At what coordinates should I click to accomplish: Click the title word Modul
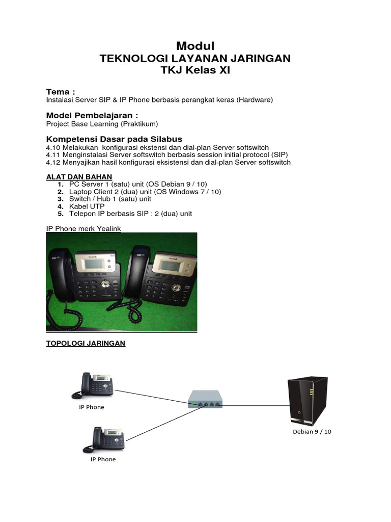(x=195, y=46)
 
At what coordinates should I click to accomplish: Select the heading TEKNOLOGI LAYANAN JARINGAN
(x=195, y=59)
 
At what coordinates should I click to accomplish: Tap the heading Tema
(x=61, y=92)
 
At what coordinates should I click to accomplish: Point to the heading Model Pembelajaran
(x=92, y=115)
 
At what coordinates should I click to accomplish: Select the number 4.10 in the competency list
(x=53, y=147)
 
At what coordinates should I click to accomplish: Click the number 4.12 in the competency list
(x=53, y=162)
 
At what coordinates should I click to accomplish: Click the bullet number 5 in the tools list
(x=60, y=214)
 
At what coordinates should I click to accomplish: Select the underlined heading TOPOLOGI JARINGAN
(x=86, y=344)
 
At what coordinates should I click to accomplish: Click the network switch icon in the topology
(x=205, y=399)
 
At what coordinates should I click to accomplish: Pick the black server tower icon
(x=308, y=400)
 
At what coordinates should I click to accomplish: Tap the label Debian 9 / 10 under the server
(x=312, y=431)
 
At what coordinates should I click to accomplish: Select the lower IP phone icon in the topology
(x=104, y=439)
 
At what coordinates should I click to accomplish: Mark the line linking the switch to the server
(x=255, y=406)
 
